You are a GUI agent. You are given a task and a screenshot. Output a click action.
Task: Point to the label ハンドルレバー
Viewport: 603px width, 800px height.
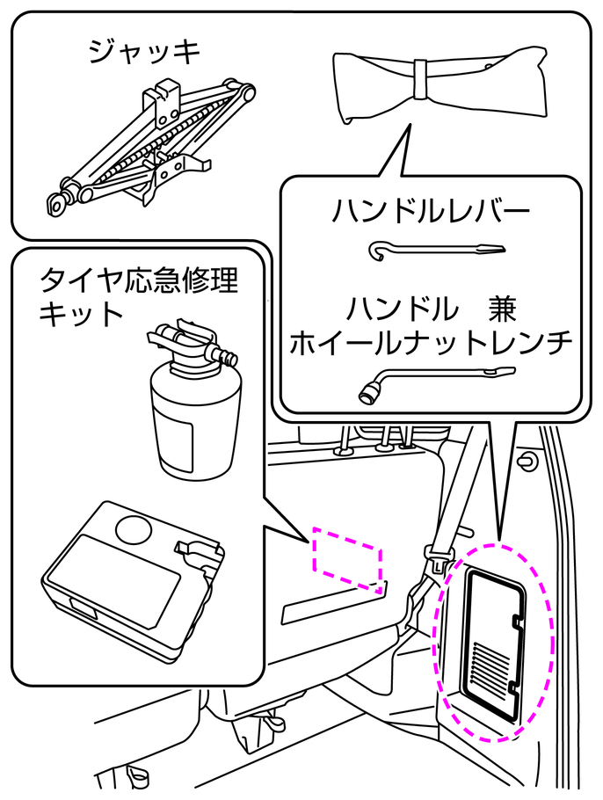[x=430, y=211]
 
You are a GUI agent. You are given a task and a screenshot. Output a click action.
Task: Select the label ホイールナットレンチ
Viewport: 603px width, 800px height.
[x=430, y=340]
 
